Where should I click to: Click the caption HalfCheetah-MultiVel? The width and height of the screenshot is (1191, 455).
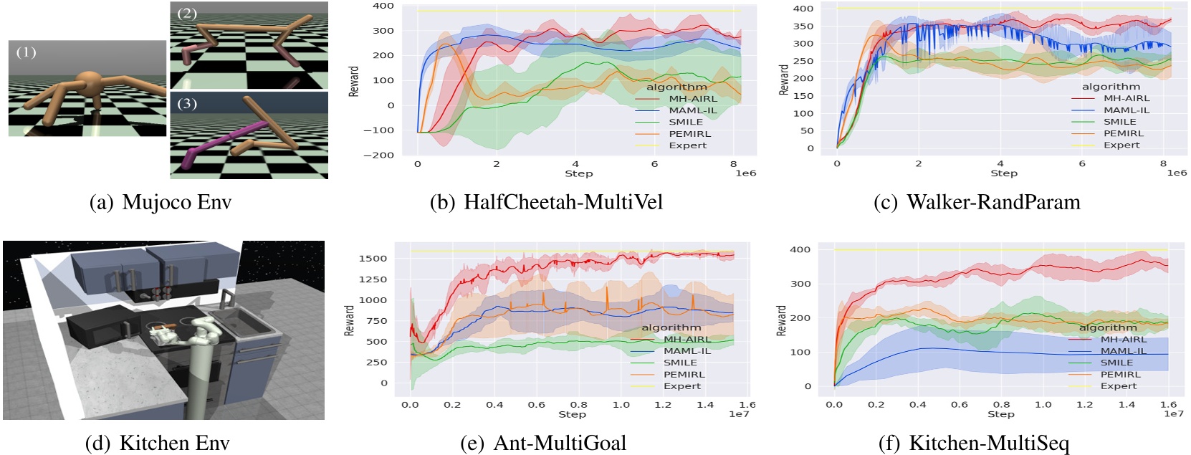pyautogui.click(x=563, y=202)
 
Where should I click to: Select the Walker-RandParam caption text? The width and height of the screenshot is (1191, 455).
pyautogui.click(x=993, y=202)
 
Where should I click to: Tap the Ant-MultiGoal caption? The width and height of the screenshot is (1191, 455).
pyautogui.click(x=560, y=443)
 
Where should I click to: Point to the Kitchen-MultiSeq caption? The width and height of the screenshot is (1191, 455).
pyautogui.click(x=989, y=443)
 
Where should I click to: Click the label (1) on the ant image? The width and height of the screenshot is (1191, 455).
pyautogui.click(x=26, y=52)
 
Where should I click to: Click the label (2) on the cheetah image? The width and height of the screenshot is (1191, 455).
pyautogui.click(x=186, y=13)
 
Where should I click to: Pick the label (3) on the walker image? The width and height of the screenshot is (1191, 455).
pyautogui.click(x=186, y=103)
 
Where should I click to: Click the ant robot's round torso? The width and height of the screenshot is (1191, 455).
pyautogui.click(x=89, y=82)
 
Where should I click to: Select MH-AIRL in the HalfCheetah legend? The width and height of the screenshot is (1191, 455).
pyautogui.click(x=692, y=99)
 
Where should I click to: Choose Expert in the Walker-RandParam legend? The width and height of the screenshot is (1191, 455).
pyautogui.click(x=1121, y=145)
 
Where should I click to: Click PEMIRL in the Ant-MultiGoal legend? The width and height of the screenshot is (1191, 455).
pyautogui.click(x=684, y=374)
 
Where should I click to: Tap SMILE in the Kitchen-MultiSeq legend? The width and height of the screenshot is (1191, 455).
pyautogui.click(x=1116, y=363)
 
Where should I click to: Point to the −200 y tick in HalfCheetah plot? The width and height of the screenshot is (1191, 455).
pyautogui.click(x=378, y=155)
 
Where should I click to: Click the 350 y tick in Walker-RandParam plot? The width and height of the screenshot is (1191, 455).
pyautogui.click(x=803, y=27)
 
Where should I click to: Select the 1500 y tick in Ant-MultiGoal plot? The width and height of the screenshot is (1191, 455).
pyautogui.click(x=373, y=258)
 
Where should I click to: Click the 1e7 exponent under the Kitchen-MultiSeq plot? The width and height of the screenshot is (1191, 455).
pyautogui.click(x=1173, y=413)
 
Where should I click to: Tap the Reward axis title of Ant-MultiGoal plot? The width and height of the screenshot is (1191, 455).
pyautogui.click(x=350, y=320)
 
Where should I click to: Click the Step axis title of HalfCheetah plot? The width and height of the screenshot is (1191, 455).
pyautogui.click(x=578, y=173)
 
